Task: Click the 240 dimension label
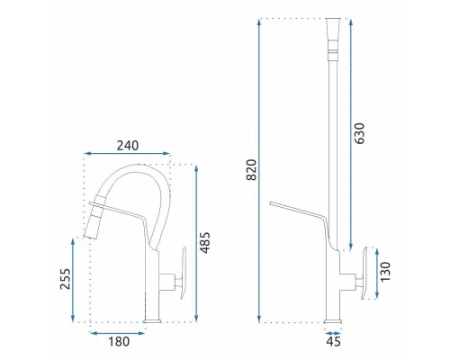[x=128, y=146]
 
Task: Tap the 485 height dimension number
[x=205, y=243]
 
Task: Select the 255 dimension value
[x=65, y=279]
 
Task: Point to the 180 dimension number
[x=119, y=341]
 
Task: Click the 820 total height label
[x=251, y=170]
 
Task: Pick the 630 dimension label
[x=359, y=133]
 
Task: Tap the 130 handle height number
[x=385, y=272]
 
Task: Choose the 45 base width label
[x=333, y=341]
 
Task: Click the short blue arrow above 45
[x=333, y=333]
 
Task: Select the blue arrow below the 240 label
[x=127, y=154]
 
